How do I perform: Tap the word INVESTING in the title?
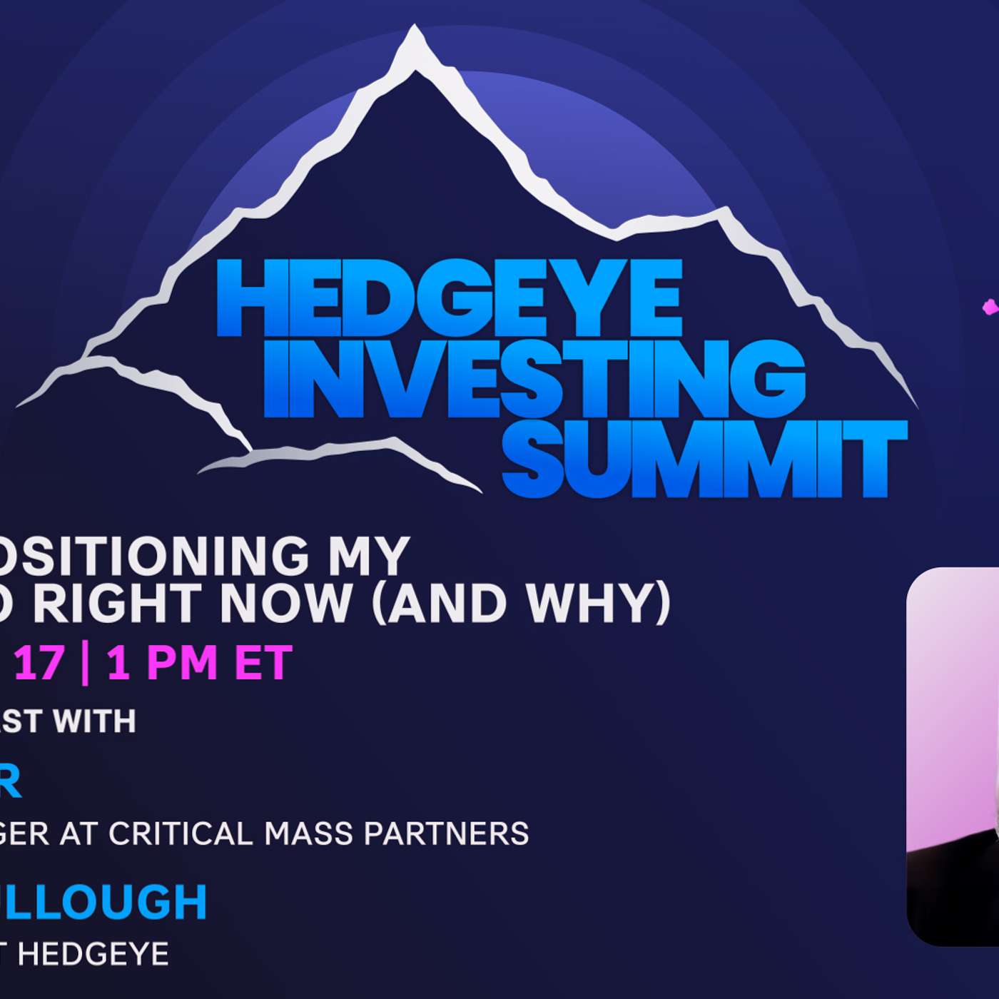pyautogui.click(x=534, y=377)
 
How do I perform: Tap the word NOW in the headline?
pyautogui.click(x=285, y=604)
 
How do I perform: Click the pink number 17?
pyautogui.click(x=39, y=663)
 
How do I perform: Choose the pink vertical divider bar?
pyautogui.click(x=85, y=663)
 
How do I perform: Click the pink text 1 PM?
pyautogui.click(x=162, y=663)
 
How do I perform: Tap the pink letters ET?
pyautogui.click(x=263, y=663)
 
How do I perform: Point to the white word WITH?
pyautogui.click(x=95, y=721)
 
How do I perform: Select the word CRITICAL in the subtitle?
pyautogui.click(x=181, y=833)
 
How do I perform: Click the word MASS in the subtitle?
pyautogui.click(x=309, y=833)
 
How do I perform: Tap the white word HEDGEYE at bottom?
pyautogui.click(x=93, y=954)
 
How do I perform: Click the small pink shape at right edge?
pyautogui.click(x=990, y=307)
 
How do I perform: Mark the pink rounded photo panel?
pyautogui.click(x=953, y=756)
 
